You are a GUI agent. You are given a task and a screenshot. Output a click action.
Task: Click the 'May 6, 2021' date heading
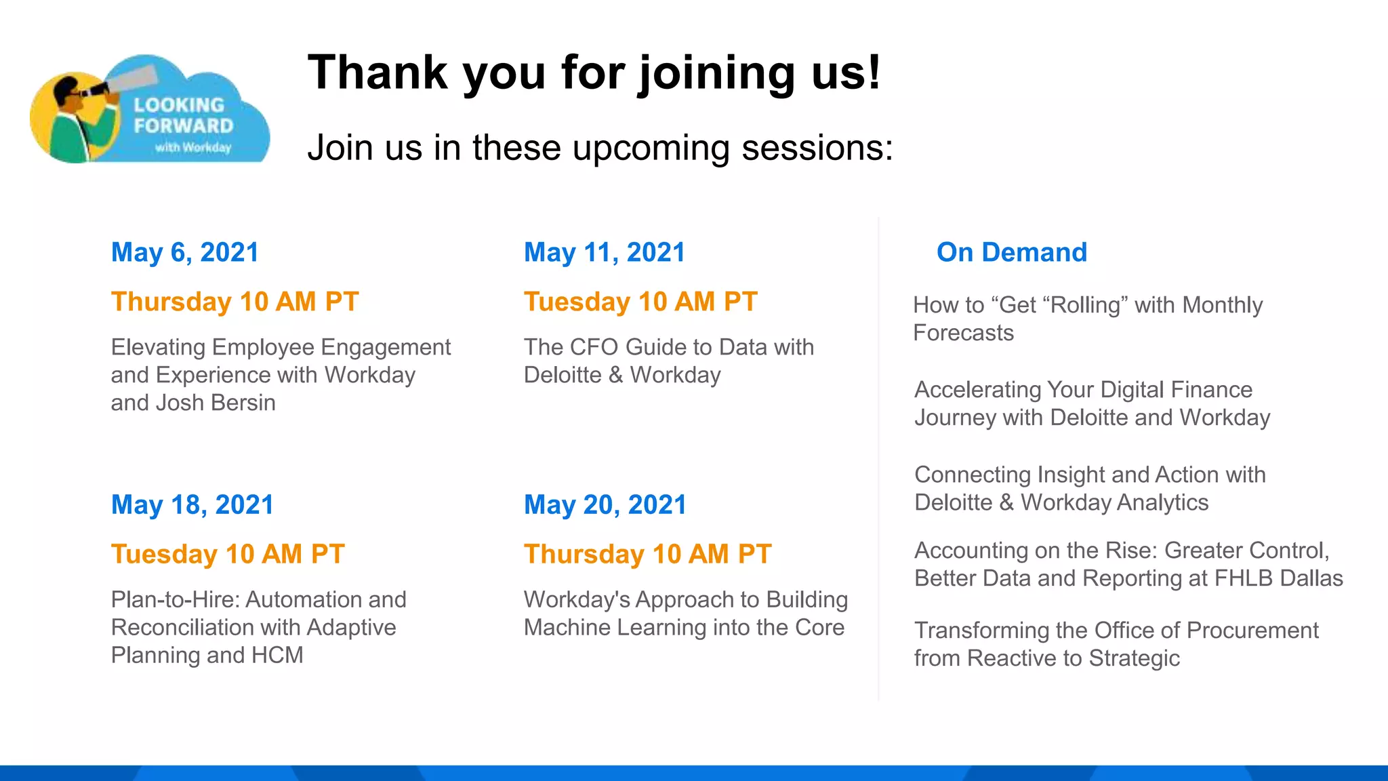coord(185,252)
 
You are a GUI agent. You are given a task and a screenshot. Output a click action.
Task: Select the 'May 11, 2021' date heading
coord(605,252)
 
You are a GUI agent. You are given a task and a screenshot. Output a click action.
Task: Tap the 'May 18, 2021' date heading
coord(192,504)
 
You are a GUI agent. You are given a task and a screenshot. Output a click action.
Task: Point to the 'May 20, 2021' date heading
coord(605,504)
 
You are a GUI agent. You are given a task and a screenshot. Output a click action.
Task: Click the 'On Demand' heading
coord(1011,252)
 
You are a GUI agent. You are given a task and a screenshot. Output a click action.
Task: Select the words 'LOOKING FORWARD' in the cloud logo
coord(182,115)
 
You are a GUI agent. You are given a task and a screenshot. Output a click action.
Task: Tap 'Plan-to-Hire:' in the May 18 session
coord(176,599)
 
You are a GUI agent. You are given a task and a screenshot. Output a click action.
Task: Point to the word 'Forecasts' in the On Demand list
coord(963,333)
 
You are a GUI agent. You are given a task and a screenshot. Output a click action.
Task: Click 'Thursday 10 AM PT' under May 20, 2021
coord(647,554)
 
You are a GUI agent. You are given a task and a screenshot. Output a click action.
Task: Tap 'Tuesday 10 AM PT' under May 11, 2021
coord(640,302)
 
